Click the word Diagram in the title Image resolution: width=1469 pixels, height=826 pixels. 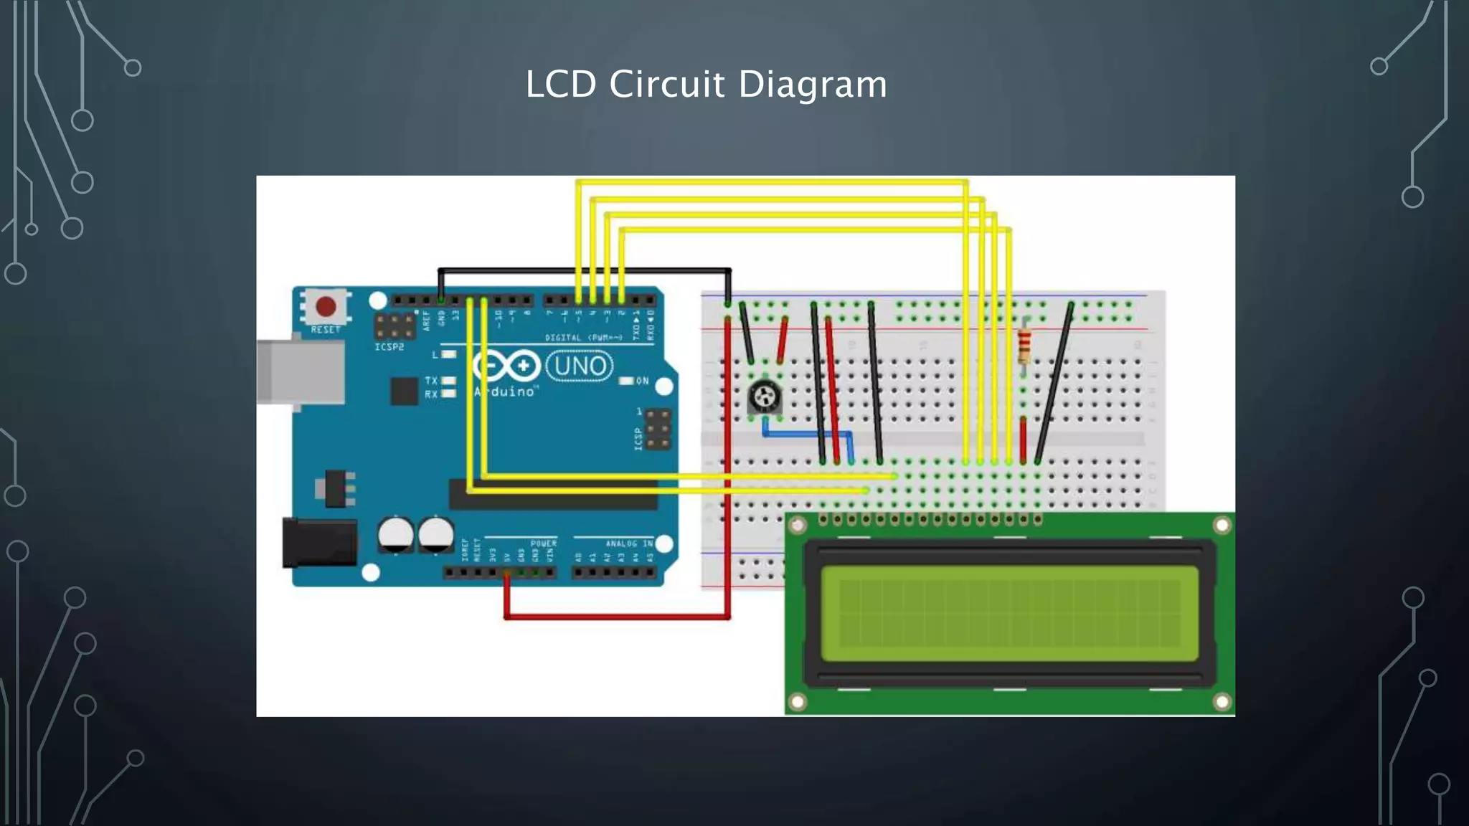point(812,85)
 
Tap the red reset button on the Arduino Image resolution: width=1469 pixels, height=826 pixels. point(326,307)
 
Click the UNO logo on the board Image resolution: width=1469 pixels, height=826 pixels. point(580,366)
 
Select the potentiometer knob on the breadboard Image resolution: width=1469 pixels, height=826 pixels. point(764,396)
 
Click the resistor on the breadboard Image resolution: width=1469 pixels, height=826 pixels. point(1024,346)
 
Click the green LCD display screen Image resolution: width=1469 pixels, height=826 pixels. point(1009,613)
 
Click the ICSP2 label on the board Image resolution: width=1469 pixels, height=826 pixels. point(389,347)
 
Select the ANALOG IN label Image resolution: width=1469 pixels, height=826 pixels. point(628,543)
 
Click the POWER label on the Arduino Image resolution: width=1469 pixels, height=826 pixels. point(543,543)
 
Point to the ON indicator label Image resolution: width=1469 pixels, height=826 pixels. point(642,381)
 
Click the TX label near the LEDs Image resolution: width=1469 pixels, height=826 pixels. point(430,380)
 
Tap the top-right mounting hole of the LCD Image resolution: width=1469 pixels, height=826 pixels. point(1222,526)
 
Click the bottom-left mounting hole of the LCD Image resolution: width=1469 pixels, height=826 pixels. point(797,701)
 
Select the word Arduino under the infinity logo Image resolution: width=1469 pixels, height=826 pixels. point(505,391)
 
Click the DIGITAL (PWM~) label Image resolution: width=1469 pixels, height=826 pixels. point(582,338)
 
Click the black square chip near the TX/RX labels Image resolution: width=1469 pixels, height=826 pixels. point(404,391)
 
